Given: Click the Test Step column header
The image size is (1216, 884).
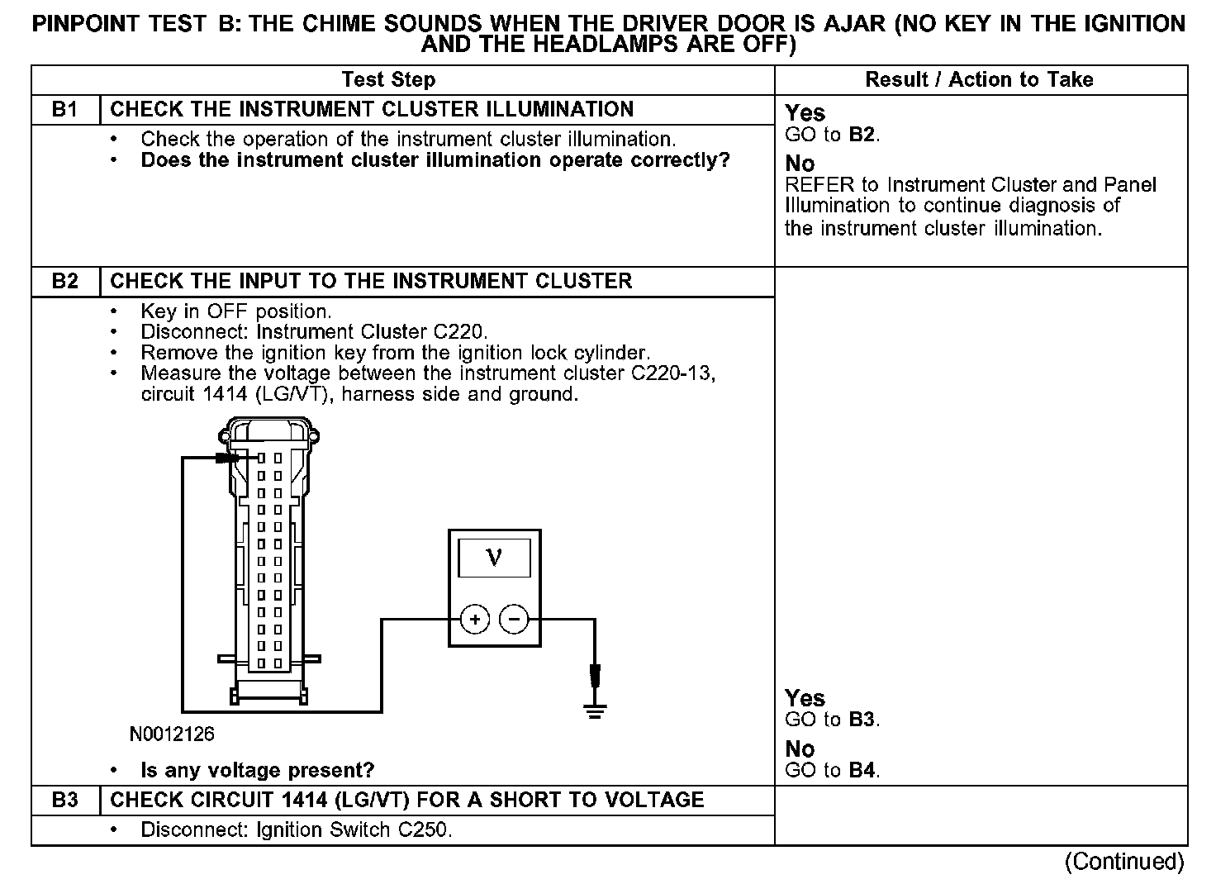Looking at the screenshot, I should pos(388,80).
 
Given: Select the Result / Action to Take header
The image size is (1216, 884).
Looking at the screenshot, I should pos(979,80).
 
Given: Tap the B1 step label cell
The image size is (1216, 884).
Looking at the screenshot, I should pos(65,110).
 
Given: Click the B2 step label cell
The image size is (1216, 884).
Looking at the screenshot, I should pos(65,282).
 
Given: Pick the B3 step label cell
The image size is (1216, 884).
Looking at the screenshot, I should pos(65,801).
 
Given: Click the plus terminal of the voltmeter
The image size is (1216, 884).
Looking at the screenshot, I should pos(474,619).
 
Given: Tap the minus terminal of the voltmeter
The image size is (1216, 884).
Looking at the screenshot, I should pos(514,619).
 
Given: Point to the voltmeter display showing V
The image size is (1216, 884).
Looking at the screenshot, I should pos(494,558).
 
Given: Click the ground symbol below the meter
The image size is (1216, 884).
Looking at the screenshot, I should pos(596,708).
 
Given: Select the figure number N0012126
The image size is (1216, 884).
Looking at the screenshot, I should pos(172,734).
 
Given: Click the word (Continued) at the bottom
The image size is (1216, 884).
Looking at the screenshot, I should pos(1123,862).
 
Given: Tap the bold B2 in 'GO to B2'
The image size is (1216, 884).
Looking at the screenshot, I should pos(862,135).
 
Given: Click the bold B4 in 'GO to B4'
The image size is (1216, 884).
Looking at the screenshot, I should pos(862,771).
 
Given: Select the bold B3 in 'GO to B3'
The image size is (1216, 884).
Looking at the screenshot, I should pos(862,720).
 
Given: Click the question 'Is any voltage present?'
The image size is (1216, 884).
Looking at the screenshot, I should pos(258,771).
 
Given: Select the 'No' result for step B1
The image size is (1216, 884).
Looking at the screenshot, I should pos(800,164).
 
